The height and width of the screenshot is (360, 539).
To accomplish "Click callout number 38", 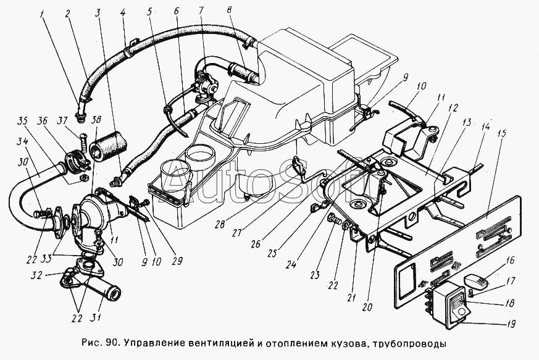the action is (97, 120).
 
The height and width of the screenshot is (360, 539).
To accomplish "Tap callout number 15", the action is (502, 133).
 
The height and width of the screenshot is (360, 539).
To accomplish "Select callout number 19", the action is (512, 324).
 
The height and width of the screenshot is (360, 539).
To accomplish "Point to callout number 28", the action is (220, 224).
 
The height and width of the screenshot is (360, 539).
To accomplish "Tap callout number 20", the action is (367, 306).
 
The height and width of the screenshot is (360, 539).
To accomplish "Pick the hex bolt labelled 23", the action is (334, 219).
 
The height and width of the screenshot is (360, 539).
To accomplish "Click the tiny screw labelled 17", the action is (472, 293).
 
